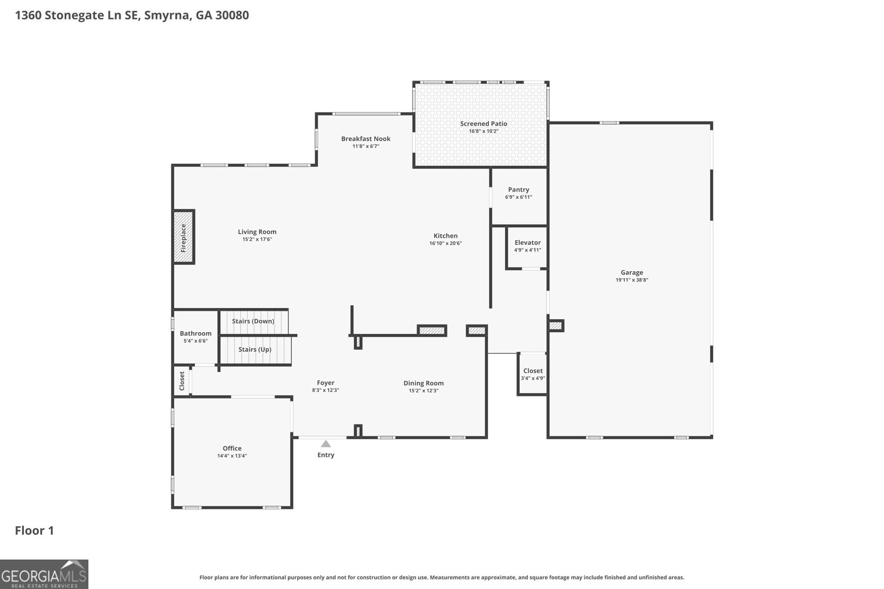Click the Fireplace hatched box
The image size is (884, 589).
(184, 237)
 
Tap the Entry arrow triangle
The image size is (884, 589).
(325, 444)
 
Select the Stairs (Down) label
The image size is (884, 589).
(253, 321)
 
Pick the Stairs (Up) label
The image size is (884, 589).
(255, 349)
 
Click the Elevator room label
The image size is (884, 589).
(528, 242)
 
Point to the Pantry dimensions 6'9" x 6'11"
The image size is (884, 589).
(519, 197)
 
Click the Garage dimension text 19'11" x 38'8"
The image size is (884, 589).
(632, 280)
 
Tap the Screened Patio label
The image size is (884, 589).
(483, 124)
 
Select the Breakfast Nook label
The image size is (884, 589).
(366, 139)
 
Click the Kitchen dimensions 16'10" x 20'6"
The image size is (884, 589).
(445, 243)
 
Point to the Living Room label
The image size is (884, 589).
(257, 232)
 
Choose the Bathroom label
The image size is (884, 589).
(196, 333)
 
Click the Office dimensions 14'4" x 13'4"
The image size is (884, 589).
(232, 456)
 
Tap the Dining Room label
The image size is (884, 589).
(423, 383)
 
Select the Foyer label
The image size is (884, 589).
(325, 383)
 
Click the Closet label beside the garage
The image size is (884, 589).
(533, 371)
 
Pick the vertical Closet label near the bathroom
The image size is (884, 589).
(182, 381)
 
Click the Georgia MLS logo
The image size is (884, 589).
(44, 575)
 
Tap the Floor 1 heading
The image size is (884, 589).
(34, 530)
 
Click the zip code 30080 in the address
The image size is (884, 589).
(232, 15)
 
